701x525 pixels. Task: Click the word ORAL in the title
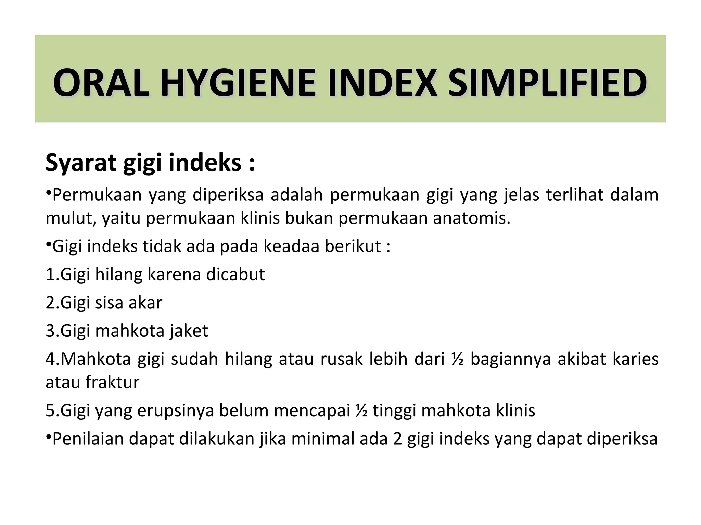(101, 83)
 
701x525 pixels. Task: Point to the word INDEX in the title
(382, 83)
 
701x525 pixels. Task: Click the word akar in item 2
(145, 302)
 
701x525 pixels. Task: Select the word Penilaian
(88, 439)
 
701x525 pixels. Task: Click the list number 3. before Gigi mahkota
(52, 331)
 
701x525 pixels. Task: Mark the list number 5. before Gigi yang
(52, 410)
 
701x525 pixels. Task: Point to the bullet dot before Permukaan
(49, 193)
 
